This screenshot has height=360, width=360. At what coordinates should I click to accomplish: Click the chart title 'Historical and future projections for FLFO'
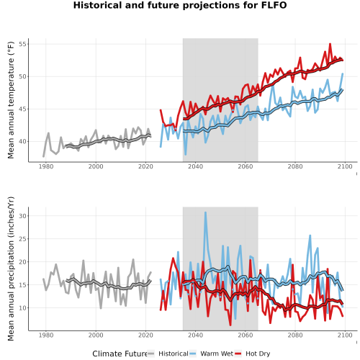point(180,5)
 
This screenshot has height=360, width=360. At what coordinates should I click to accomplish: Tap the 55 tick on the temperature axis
point(24,44)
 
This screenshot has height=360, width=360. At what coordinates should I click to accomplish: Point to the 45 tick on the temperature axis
point(24,109)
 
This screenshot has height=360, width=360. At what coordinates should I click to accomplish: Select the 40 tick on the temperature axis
point(24,141)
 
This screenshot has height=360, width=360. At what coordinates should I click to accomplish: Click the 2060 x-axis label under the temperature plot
point(246,166)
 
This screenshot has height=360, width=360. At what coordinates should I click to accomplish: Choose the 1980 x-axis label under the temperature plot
point(46,166)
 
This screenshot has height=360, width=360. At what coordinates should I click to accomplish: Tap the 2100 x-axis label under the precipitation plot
point(345,335)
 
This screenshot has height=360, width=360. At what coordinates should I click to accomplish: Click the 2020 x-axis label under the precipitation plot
point(145,335)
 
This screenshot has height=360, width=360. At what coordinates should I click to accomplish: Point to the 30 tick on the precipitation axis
point(24,216)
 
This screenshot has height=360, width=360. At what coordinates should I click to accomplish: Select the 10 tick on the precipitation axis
point(24,307)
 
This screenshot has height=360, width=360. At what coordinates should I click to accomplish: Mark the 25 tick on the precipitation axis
point(24,239)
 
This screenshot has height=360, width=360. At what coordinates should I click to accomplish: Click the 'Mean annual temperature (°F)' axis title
point(11,100)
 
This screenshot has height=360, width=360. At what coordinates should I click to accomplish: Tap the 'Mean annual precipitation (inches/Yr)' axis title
point(11,269)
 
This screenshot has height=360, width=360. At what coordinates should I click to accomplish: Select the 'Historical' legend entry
point(168,354)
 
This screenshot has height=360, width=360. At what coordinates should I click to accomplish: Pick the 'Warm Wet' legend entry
point(211,354)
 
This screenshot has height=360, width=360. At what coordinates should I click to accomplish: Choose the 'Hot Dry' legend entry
point(253,354)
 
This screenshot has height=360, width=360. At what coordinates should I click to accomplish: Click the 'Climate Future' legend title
point(120,354)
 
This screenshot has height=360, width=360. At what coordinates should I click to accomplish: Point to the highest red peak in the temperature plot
point(330,44)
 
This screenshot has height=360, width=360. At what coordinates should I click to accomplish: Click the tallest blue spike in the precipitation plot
point(205,212)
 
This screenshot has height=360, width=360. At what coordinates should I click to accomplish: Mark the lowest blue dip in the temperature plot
point(185,154)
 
